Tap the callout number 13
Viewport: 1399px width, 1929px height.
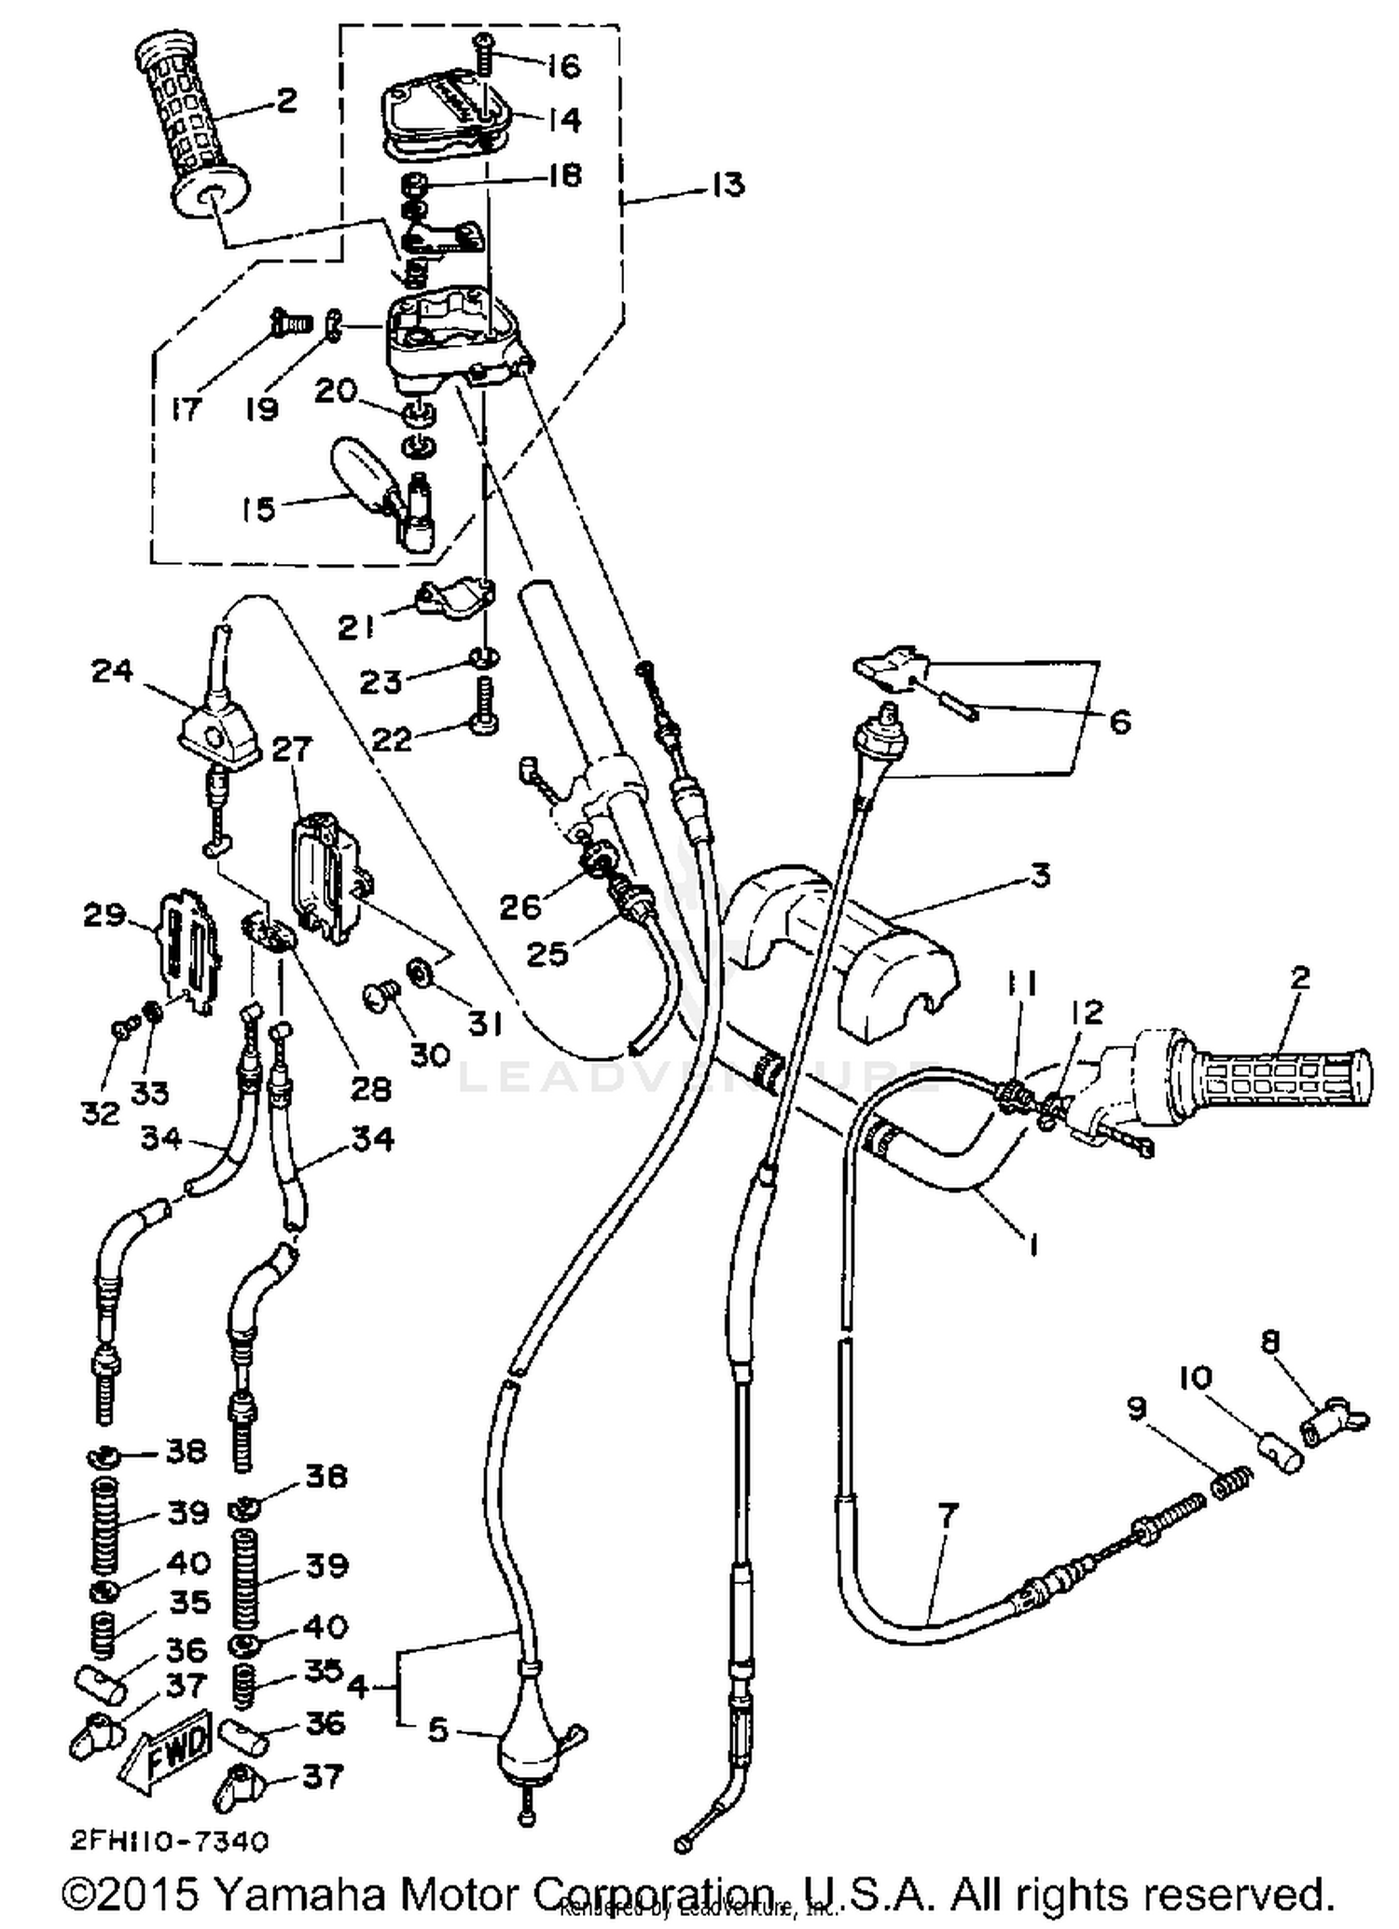pos(727,184)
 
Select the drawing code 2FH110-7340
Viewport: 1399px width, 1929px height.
pos(170,1840)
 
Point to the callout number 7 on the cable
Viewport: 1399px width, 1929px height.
pos(947,1516)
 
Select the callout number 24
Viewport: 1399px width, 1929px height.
pos(112,670)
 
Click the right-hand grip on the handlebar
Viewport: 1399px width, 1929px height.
pos(1278,1072)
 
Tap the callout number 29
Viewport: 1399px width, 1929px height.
pos(104,916)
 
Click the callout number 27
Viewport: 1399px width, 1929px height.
pos(293,749)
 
